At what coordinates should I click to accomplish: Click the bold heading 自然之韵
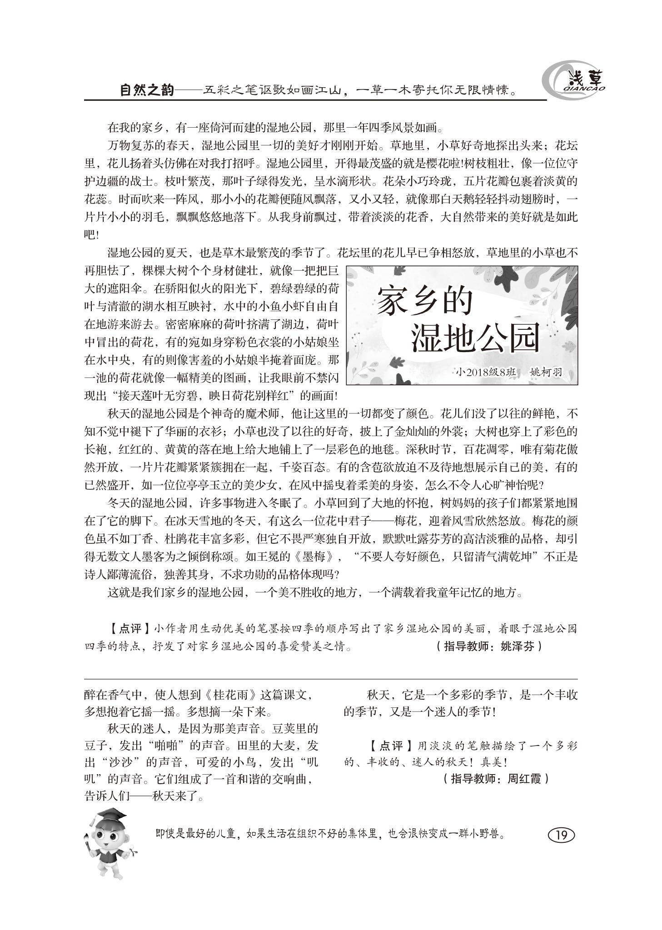point(147,90)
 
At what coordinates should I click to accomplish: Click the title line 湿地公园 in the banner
point(475,338)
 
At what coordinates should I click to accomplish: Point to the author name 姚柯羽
point(546,373)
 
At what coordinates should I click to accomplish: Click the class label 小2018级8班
point(487,373)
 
